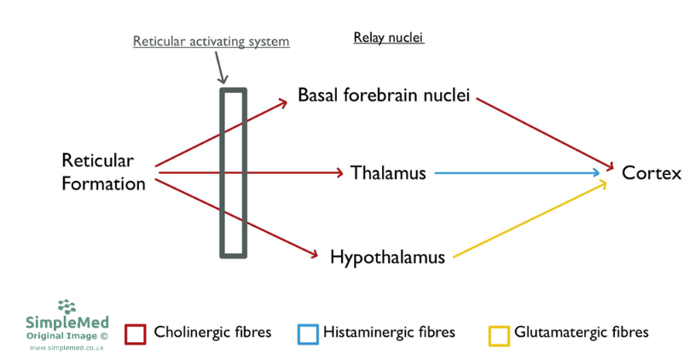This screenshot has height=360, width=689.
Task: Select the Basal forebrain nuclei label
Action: [x=384, y=95]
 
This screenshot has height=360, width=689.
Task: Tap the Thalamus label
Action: [x=388, y=173]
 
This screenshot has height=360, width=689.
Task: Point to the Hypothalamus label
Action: [x=387, y=256]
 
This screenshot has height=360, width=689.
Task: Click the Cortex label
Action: [x=651, y=173]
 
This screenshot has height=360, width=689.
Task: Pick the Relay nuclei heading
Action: [x=389, y=38]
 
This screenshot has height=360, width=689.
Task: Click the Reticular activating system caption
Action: [x=211, y=41]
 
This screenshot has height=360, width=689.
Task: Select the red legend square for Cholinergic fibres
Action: [x=136, y=334]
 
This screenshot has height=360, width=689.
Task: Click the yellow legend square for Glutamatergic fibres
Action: [x=500, y=334]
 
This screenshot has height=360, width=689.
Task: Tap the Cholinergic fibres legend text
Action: [x=212, y=332]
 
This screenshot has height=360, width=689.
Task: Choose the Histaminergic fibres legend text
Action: [x=389, y=332]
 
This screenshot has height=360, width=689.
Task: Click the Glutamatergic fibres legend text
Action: [x=582, y=332]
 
